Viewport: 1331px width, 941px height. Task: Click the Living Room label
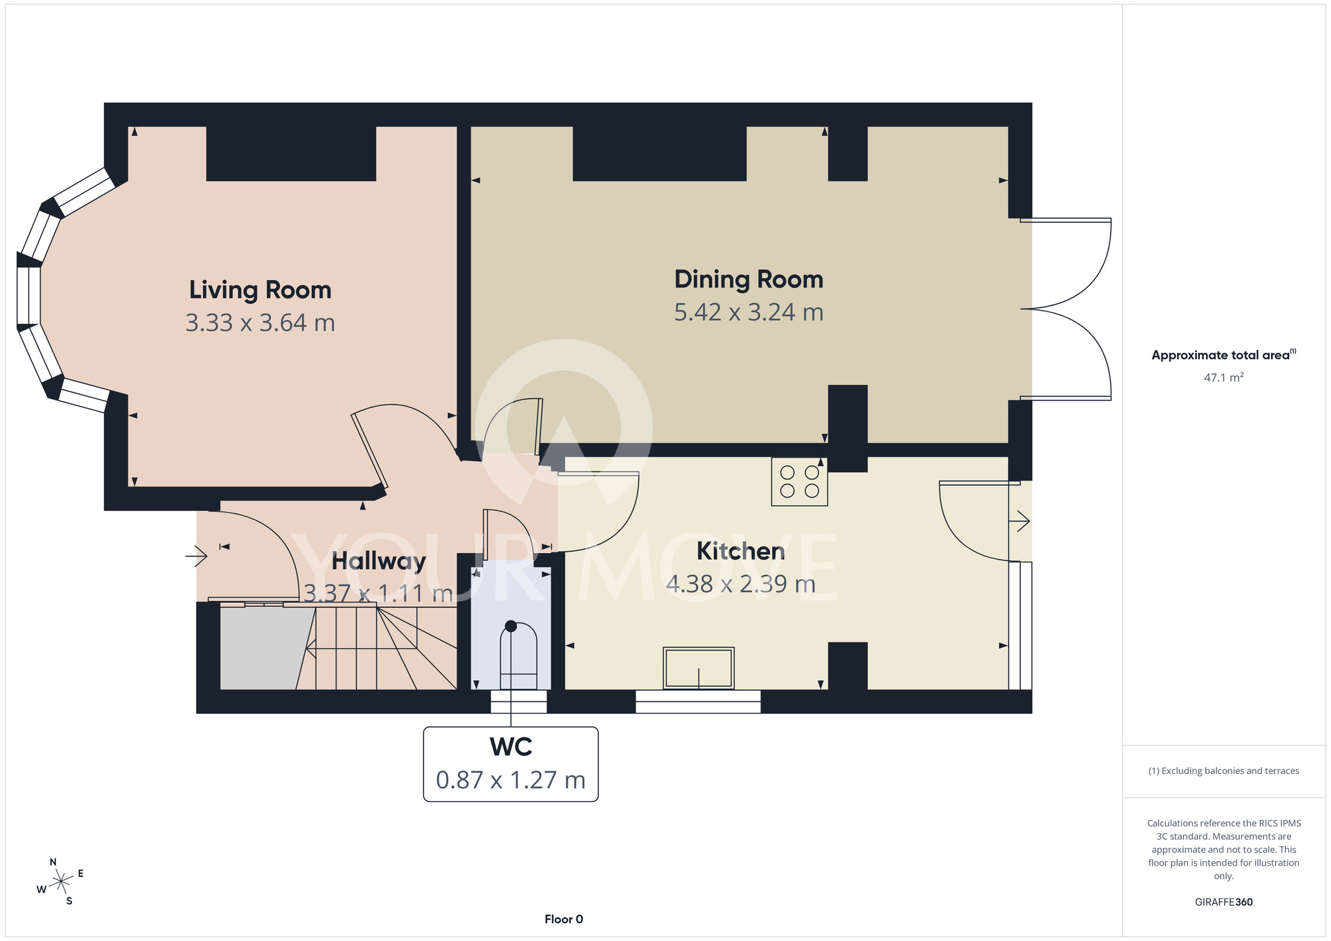point(260,290)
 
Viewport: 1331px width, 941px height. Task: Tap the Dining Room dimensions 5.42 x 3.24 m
point(749,312)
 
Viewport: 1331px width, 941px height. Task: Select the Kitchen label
point(741,551)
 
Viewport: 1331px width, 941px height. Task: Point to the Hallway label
point(379,562)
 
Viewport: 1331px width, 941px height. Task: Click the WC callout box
point(511,764)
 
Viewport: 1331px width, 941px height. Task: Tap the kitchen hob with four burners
point(799,481)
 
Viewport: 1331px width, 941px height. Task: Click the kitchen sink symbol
point(699,667)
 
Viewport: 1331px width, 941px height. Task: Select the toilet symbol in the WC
point(518,656)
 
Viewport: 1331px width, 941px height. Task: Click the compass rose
point(61,882)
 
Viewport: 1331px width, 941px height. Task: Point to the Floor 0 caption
point(564,919)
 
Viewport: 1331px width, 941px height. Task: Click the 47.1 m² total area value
point(1224,377)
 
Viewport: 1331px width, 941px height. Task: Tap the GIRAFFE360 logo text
point(1224,902)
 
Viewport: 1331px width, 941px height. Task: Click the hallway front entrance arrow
point(196,555)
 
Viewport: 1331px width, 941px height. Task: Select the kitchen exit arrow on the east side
point(1020,520)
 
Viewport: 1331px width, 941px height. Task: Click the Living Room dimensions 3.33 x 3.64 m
point(260,323)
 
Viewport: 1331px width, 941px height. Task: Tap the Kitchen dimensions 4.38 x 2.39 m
point(741,584)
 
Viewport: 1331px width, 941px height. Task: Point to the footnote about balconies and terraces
point(1224,771)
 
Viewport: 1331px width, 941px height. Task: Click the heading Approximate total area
point(1224,355)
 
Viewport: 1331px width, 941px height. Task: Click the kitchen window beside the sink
point(698,701)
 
